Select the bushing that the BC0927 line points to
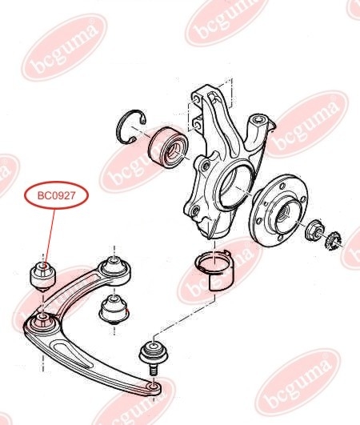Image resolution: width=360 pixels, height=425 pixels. tap(42, 273)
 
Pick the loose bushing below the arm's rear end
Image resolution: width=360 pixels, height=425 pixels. tap(114, 308)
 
